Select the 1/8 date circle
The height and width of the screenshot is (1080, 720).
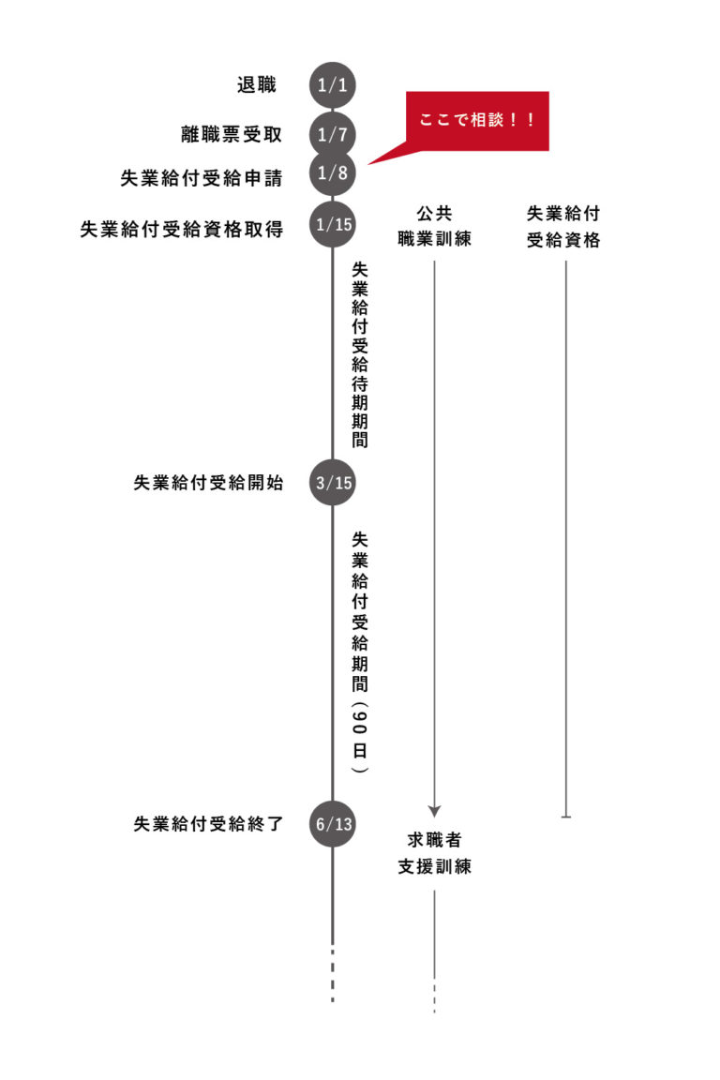333,174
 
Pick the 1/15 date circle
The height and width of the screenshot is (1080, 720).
333,225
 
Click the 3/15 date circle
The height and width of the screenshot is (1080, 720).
333,484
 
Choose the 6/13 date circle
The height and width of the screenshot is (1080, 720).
333,825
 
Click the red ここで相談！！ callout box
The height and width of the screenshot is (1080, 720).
476,122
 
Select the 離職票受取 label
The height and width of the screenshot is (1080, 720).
231,133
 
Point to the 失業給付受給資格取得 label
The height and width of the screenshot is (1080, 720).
182,228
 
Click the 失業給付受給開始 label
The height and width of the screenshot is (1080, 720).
208,484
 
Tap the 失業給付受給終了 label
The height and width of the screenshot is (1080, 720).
208,825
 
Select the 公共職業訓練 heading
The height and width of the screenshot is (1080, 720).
434,226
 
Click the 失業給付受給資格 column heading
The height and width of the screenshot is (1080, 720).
563,226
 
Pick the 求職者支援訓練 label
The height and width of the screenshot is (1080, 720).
434,853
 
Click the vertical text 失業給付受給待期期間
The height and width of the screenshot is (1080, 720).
359,354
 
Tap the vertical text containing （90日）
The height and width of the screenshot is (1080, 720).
359,652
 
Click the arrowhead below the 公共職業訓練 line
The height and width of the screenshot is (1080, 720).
434,809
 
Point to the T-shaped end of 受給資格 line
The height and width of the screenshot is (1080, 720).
565,817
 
